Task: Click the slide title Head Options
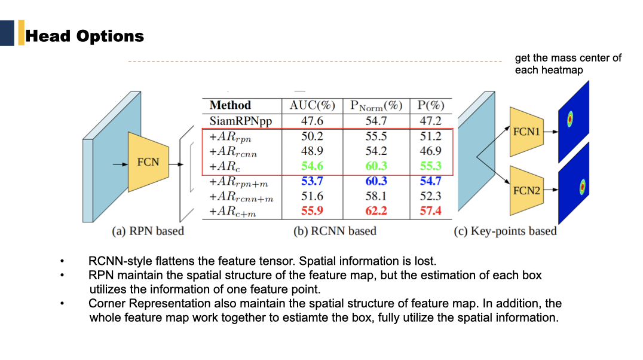[x=84, y=36]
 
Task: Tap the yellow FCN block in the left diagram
[x=148, y=162]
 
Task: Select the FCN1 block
[x=526, y=132]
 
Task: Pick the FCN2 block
[x=526, y=191]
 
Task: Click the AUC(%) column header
[x=313, y=105]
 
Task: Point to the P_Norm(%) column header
[x=376, y=106]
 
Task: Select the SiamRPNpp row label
[x=240, y=121]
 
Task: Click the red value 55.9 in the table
[x=313, y=210]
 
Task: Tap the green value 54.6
[x=313, y=166]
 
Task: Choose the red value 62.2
[x=376, y=210]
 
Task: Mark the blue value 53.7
[x=313, y=181]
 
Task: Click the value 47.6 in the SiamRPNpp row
[x=313, y=121]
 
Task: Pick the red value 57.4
[x=430, y=210]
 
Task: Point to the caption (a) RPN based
[x=148, y=231]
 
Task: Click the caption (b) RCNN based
[x=335, y=231]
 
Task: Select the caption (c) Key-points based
[x=505, y=231]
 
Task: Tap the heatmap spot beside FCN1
[x=570, y=120]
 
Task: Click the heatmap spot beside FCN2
[x=580, y=187]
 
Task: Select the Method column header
[x=230, y=105]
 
